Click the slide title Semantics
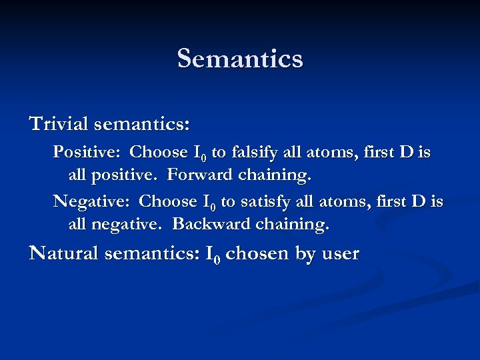pyautogui.click(x=240, y=59)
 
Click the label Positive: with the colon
pyautogui.click(x=86, y=153)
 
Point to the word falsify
pyautogui.click(x=254, y=153)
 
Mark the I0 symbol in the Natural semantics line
pyautogui.click(x=213, y=254)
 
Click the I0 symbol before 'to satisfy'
pyautogui.click(x=208, y=202)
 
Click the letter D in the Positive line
pyautogui.click(x=405, y=153)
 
